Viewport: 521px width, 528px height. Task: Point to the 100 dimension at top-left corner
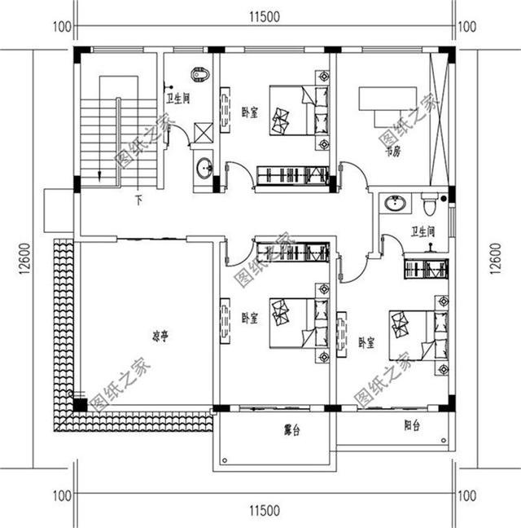[x=60, y=26]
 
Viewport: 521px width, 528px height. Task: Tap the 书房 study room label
[x=393, y=152]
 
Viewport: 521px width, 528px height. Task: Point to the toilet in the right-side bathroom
[x=435, y=198]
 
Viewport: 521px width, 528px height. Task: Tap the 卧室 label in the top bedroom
[x=249, y=112]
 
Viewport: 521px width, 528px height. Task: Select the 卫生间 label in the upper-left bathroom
[x=178, y=99]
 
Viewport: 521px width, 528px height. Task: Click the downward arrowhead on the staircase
[x=99, y=174]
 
